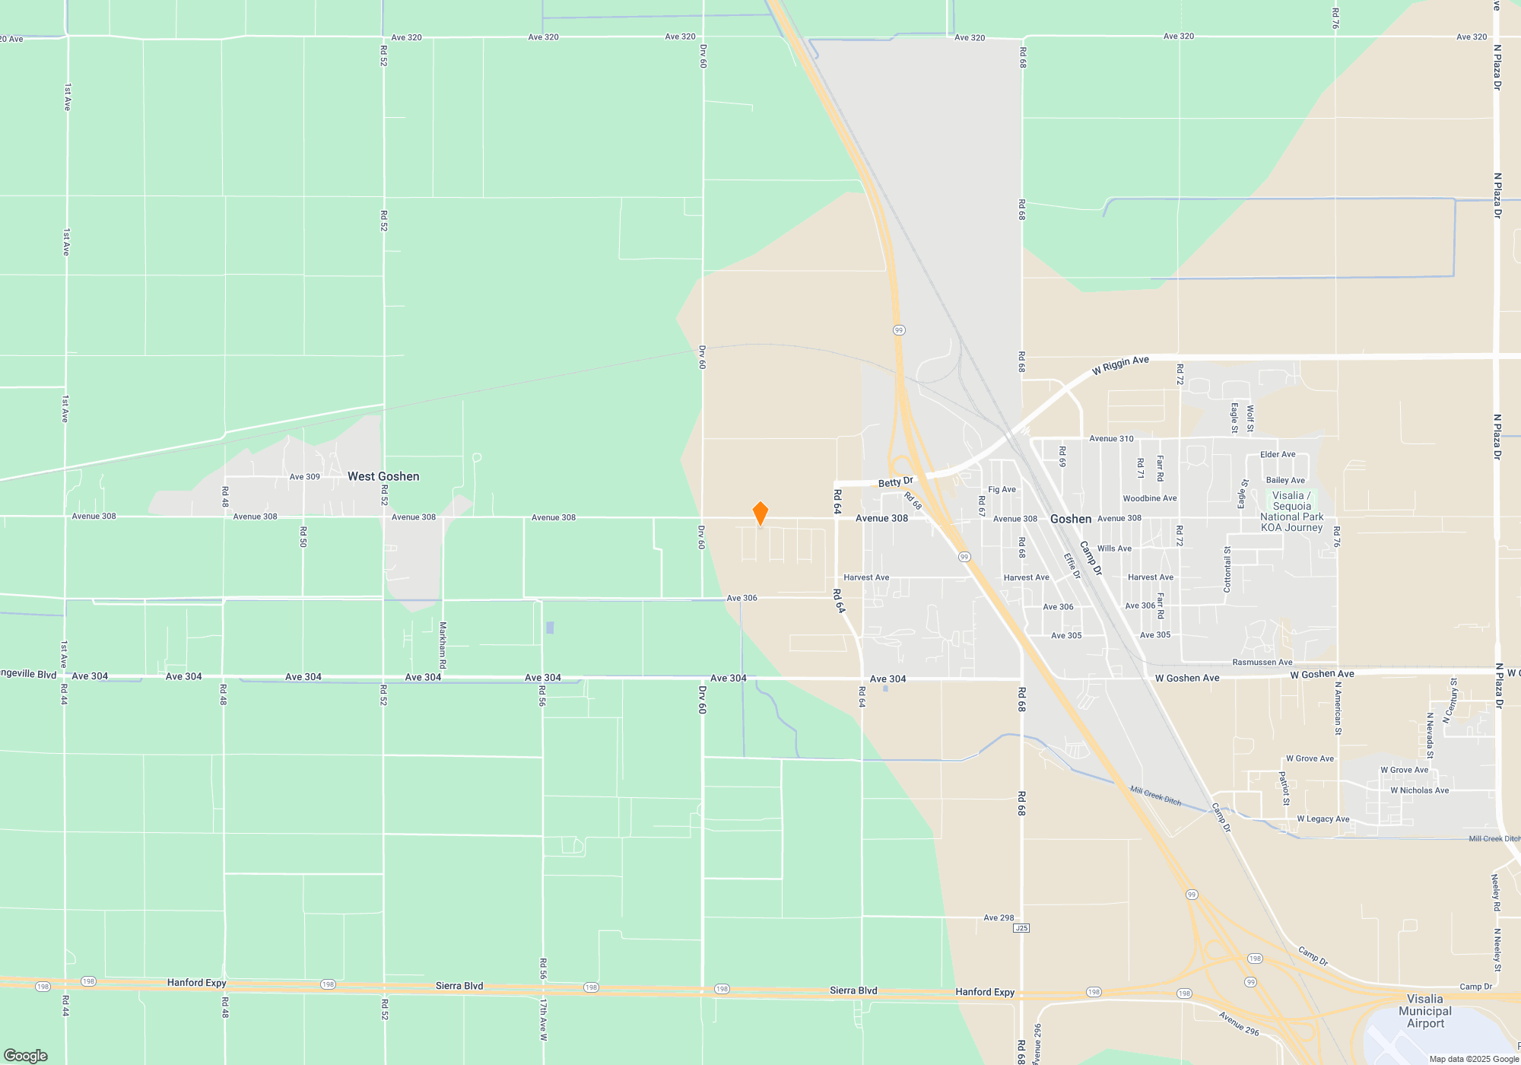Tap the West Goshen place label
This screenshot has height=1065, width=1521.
(x=383, y=476)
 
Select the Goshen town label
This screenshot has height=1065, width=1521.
(x=1071, y=519)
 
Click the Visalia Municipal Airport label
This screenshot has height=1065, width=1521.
(x=1424, y=1011)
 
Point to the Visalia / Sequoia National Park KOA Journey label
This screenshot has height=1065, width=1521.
(x=1292, y=511)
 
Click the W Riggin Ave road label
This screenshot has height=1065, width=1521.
(x=1120, y=365)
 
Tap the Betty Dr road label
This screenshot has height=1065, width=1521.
(x=895, y=482)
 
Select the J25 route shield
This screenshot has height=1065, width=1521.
(x=1021, y=928)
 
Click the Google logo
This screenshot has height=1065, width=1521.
(x=25, y=1055)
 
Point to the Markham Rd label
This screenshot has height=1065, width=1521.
(x=443, y=645)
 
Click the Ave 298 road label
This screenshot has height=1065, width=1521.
(x=999, y=917)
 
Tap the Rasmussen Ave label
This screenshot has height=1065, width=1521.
(x=1262, y=662)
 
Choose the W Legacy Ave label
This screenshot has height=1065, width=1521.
(x=1323, y=819)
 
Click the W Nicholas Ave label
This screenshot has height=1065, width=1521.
(x=1419, y=790)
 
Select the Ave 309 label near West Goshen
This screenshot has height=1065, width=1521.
(x=304, y=477)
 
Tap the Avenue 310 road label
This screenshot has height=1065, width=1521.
(x=1111, y=439)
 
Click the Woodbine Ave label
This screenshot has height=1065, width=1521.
(x=1149, y=498)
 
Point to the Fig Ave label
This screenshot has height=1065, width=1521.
(x=1002, y=490)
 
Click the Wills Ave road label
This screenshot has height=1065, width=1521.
(x=1114, y=548)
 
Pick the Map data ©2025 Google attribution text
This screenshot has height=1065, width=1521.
(x=1474, y=1059)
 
